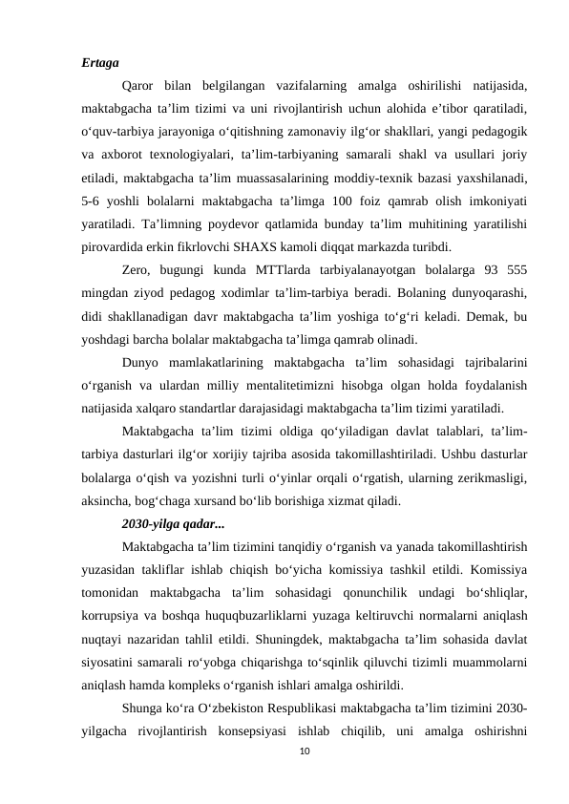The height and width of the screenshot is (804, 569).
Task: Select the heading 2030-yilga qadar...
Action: (x=172, y=524)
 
